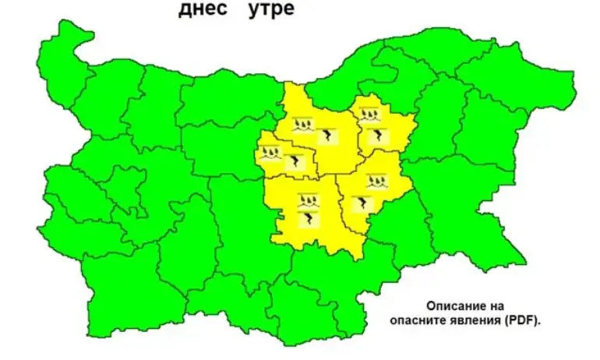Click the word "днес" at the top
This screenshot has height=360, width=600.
(205, 11)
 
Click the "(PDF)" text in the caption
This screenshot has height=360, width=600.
(521, 319)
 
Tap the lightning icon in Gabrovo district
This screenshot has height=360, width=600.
(295, 162)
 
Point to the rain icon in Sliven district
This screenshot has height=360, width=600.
(377, 182)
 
